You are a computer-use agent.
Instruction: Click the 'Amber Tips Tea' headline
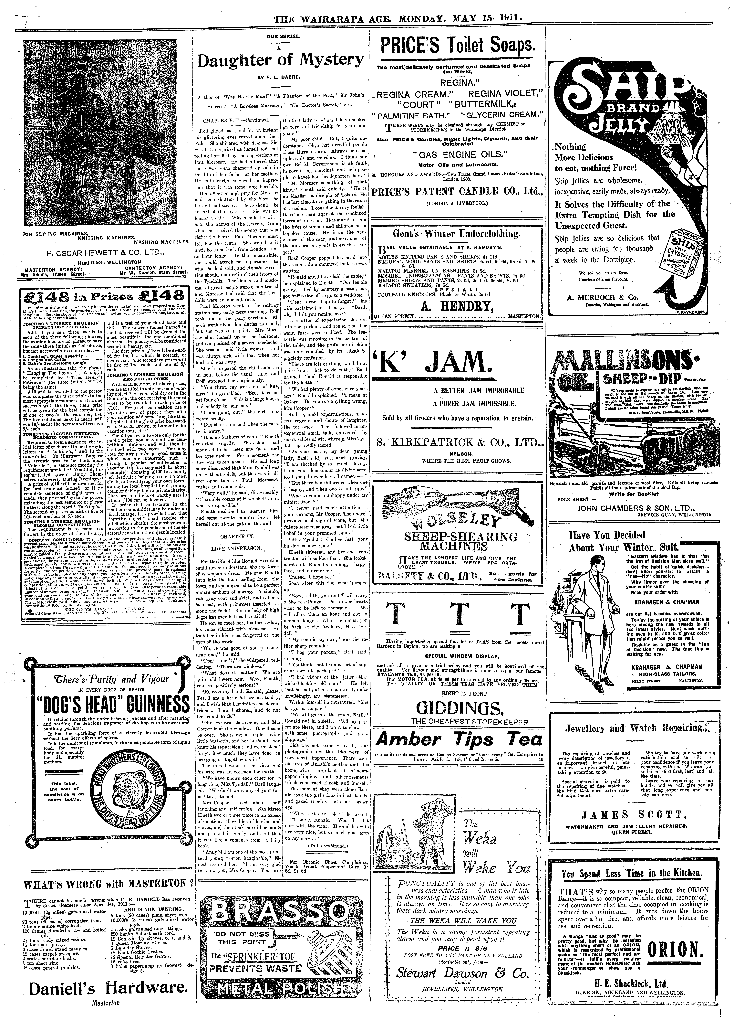[459, 739]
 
